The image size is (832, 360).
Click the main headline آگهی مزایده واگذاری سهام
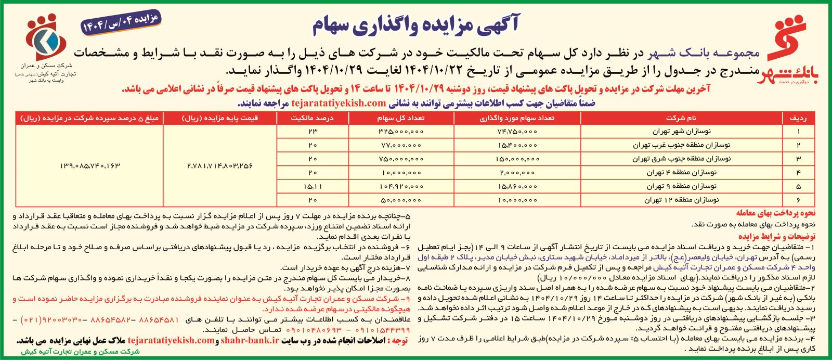[x=416, y=25]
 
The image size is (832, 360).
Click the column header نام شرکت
[x=681, y=118]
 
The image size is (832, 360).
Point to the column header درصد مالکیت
[x=312, y=118]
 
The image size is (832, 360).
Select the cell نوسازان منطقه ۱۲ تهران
[x=681, y=199]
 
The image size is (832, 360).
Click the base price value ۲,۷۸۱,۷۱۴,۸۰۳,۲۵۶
[x=219, y=165]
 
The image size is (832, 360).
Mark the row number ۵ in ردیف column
[x=798, y=186]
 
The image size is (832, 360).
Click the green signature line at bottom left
[x=81, y=352]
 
